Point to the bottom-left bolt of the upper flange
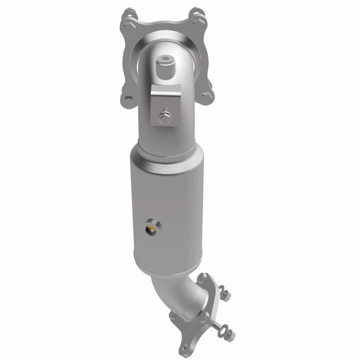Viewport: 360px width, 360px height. click(x=126, y=97)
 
